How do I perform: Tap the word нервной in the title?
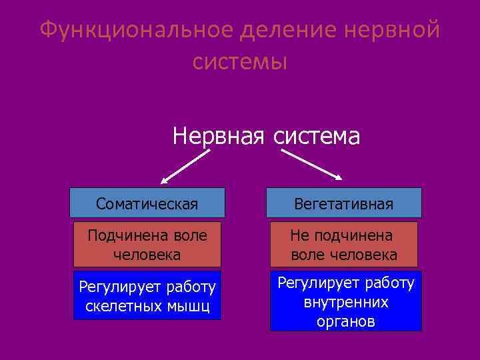393,30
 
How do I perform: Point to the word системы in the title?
239,61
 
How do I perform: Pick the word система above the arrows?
316,136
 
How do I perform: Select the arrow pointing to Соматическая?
185,167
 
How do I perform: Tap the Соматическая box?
147,203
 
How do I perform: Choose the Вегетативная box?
344,203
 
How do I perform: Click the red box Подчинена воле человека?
147,244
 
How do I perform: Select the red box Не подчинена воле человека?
344,244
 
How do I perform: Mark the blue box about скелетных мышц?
147,296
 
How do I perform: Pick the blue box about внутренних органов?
346,301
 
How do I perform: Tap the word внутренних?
346,302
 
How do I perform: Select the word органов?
346,321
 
